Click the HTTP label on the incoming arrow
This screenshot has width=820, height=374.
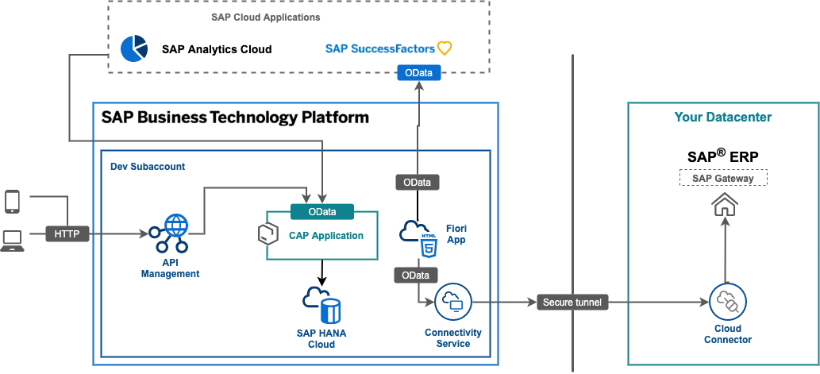pyautogui.click(x=67, y=234)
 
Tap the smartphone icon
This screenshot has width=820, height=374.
pyautogui.click(x=12, y=202)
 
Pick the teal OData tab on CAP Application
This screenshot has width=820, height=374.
pyautogui.click(x=322, y=212)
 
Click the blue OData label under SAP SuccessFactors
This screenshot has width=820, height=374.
pyautogui.click(x=418, y=73)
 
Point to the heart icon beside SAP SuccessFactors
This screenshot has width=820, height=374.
pyautogui.click(x=445, y=48)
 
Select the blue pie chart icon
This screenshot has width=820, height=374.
pyautogui.click(x=133, y=48)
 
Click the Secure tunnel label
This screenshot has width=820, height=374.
pyautogui.click(x=572, y=303)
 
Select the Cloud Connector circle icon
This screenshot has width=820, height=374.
pyautogui.click(x=727, y=303)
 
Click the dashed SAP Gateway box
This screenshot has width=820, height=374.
pyautogui.click(x=723, y=178)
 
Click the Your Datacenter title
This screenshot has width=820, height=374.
pyautogui.click(x=722, y=118)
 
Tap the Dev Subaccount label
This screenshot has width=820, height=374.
pyautogui.click(x=148, y=168)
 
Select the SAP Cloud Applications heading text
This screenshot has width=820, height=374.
pyautogui.click(x=255, y=17)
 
